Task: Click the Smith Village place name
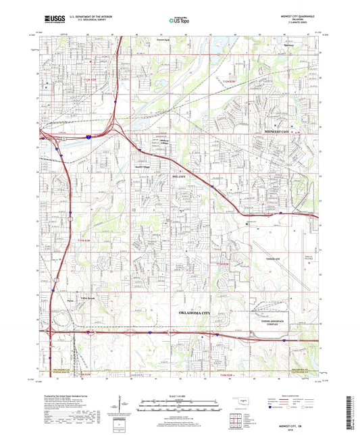coord(143,163)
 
